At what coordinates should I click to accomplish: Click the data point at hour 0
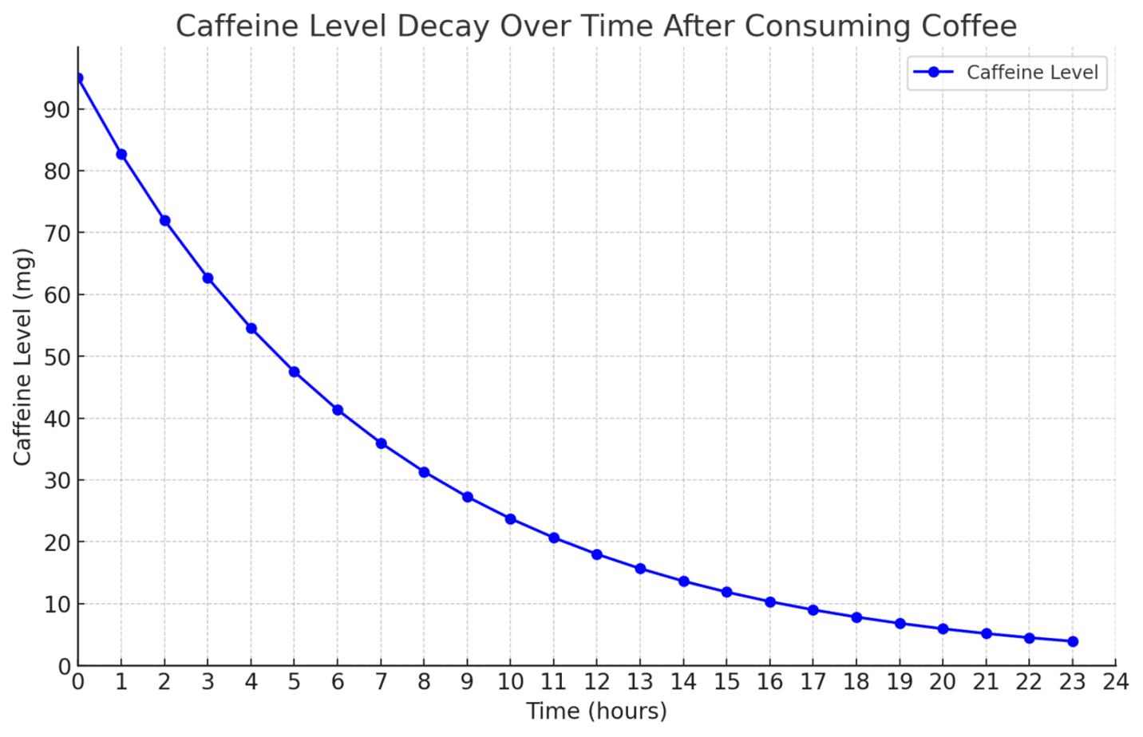tap(78, 78)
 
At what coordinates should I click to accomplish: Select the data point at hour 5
tap(295, 372)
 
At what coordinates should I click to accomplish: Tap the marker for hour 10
tap(511, 519)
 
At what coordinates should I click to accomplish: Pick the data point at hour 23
tap(1073, 641)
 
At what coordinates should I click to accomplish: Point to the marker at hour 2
tap(164, 221)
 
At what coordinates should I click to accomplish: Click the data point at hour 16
tap(770, 602)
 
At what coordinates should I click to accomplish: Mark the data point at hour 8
tap(424, 472)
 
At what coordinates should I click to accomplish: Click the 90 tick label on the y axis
tap(57, 109)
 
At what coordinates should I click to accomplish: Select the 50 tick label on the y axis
tap(57, 357)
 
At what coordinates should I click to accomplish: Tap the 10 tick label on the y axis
tap(57, 604)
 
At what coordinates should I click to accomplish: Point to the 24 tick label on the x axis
tap(1116, 682)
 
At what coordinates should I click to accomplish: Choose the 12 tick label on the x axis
tap(597, 682)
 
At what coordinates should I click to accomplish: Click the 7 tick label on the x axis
tap(381, 682)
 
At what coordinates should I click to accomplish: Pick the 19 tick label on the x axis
tap(900, 682)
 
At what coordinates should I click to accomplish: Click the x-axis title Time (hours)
tap(596, 711)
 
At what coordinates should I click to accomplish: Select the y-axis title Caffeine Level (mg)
tap(22, 357)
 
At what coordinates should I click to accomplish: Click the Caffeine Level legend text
tap(1032, 73)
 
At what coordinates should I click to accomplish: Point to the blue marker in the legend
tap(934, 73)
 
